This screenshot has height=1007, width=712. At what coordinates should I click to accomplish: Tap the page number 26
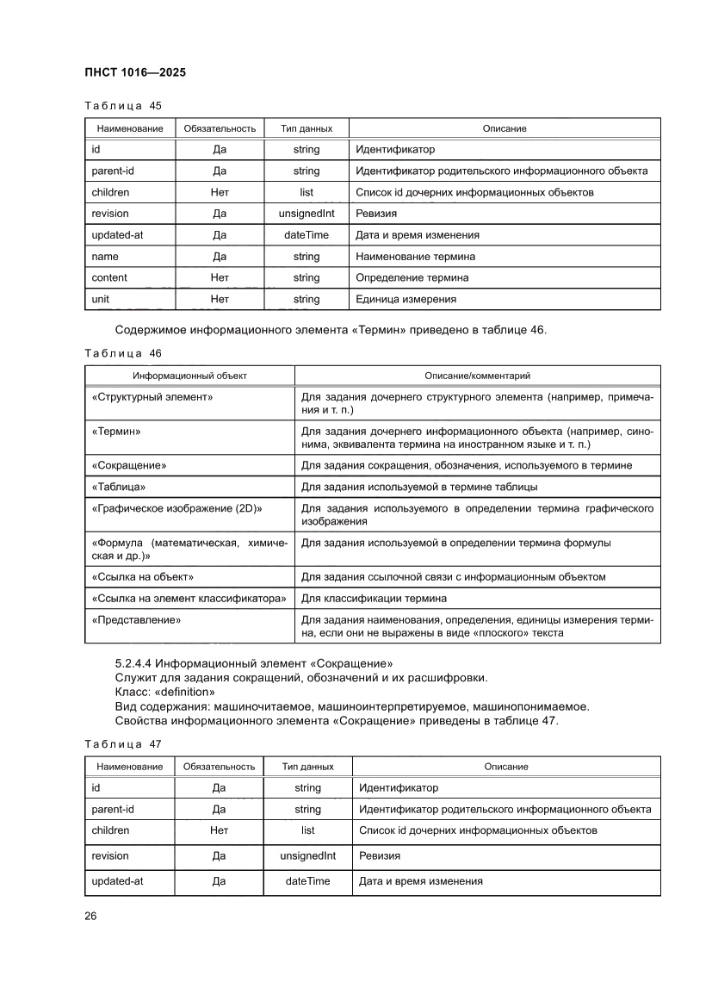pyautogui.click(x=90, y=916)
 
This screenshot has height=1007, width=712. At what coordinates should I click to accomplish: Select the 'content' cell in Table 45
pyautogui.click(x=109, y=277)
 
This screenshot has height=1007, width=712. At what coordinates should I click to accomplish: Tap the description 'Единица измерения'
pyautogui.click(x=406, y=299)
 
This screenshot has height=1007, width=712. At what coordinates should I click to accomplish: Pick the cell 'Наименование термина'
pyautogui.click(x=415, y=256)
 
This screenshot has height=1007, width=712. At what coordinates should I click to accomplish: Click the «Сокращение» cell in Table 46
pyautogui.click(x=128, y=465)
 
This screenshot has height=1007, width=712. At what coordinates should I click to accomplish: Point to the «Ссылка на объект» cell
pyautogui.click(x=142, y=576)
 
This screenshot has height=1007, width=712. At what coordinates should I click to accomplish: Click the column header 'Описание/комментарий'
pyautogui.click(x=478, y=376)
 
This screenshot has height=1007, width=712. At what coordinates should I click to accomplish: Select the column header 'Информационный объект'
pyautogui.click(x=189, y=376)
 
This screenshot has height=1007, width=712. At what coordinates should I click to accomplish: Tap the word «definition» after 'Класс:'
pyautogui.click(x=183, y=692)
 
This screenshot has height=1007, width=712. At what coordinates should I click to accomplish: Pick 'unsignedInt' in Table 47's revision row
pyautogui.click(x=307, y=856)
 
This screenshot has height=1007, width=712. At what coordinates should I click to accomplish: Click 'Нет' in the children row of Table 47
pyautogui.click(x=219, y=830)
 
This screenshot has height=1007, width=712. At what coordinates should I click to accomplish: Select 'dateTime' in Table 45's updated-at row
pyautogui.click(x=306, y=234)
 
